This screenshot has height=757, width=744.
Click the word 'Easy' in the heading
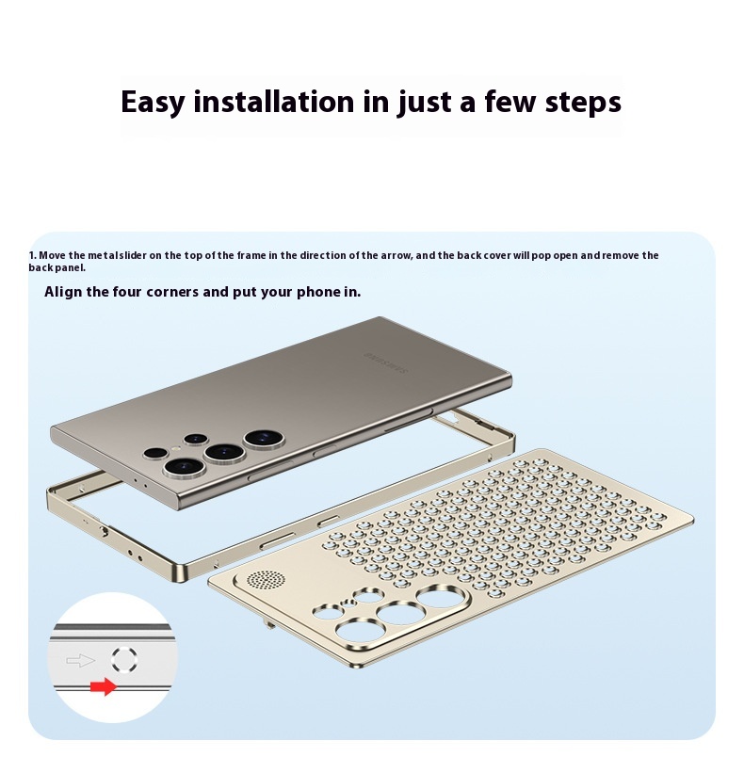tap(153, 103)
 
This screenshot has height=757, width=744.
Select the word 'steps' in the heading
tap(583, 103)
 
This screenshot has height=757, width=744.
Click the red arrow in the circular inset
tap(104, 686)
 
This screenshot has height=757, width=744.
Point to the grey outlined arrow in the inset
tap(81, 660)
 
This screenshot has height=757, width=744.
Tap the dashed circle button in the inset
tap(124, 659)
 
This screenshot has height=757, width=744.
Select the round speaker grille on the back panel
tap(266, 578)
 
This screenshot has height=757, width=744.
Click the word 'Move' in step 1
tap(52, 255)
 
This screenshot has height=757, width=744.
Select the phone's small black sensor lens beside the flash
tap(155, 453)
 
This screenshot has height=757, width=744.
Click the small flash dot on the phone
tap(175, 448)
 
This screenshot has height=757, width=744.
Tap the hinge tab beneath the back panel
tap(268, 625)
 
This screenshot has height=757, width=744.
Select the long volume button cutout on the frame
tap(277, 541)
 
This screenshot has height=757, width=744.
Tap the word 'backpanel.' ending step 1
tap(57, 268)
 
